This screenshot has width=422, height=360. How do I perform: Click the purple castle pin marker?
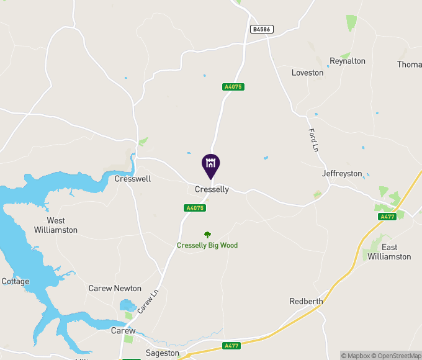211,164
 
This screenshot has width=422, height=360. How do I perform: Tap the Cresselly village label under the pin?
212,189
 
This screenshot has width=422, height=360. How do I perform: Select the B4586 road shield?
262,29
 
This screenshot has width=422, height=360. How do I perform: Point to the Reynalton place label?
348,61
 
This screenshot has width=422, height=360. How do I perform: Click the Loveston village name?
307,73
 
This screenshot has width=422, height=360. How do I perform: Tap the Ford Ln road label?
313,140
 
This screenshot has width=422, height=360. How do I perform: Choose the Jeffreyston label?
342,174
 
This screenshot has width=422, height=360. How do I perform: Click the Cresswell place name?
133,179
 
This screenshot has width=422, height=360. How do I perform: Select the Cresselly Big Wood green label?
207,245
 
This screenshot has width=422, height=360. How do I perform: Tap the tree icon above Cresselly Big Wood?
207,235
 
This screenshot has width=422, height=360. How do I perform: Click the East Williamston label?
389,252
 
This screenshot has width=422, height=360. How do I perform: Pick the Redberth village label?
306,302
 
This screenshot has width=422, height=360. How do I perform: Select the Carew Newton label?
115,289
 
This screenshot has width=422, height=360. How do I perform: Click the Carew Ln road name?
145,303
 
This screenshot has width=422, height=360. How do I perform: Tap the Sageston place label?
162,353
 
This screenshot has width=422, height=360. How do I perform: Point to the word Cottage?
15,281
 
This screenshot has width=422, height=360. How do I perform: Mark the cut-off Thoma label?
410,65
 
